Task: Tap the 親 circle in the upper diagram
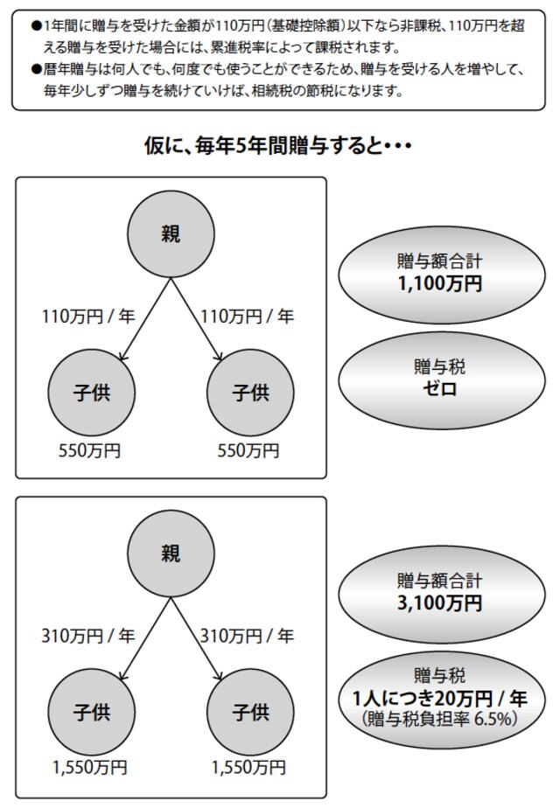(171, 234)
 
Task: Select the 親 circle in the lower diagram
(171, 554)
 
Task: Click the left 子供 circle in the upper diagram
(91, 393)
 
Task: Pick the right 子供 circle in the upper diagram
(250, 393)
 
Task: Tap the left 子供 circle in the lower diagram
(91, 712)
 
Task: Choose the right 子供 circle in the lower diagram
(250, 712)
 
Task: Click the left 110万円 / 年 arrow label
(88, 316)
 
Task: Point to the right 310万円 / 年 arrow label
(247, 636)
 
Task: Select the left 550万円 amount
(89, 451)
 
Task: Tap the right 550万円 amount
(248, 451)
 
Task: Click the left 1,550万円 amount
(89, 768)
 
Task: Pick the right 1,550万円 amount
(248, 768)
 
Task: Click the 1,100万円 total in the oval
(440, 284)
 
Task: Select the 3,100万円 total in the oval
(440, 603)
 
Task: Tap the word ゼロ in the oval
(440, 388)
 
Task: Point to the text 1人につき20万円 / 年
(440, 699)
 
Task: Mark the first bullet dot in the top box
(36, 25)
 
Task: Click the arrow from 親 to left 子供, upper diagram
(145, 319)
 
